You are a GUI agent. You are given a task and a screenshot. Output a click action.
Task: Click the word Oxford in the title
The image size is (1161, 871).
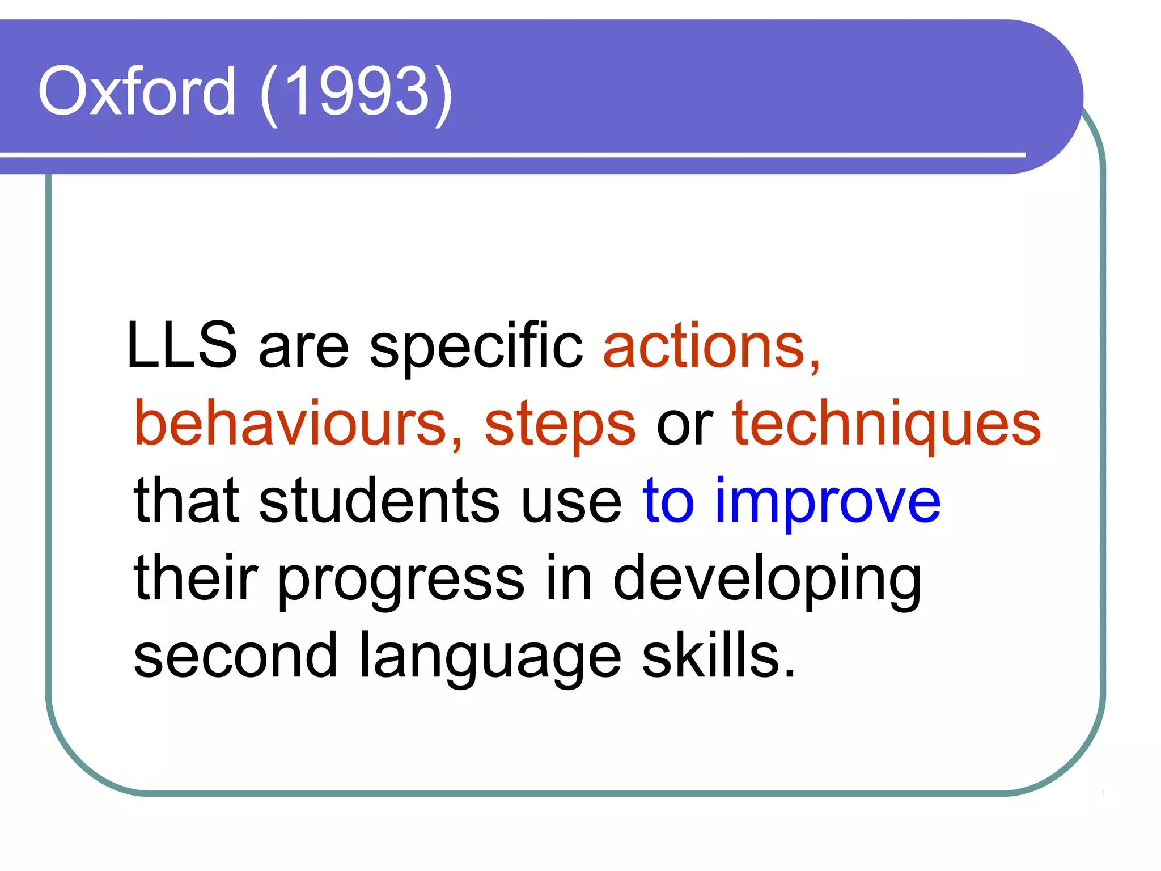coord(137,91)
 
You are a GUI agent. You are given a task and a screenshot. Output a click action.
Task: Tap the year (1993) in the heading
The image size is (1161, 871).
coord(357,92)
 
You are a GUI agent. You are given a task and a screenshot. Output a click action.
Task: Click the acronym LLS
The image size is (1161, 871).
coord(181,345)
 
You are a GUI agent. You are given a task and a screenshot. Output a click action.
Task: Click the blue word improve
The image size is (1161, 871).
coord(828,502)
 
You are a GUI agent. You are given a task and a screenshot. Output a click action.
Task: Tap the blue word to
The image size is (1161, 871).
coord(668,501)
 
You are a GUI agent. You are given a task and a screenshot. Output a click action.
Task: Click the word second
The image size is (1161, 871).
coord(235,656)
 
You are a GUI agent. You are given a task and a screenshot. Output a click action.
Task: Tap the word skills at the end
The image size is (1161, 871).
coord(718,656)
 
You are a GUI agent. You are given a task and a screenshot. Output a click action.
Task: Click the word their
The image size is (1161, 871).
coord(196,578)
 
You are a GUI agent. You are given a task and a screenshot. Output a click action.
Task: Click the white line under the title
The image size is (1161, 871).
coord(510,154)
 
